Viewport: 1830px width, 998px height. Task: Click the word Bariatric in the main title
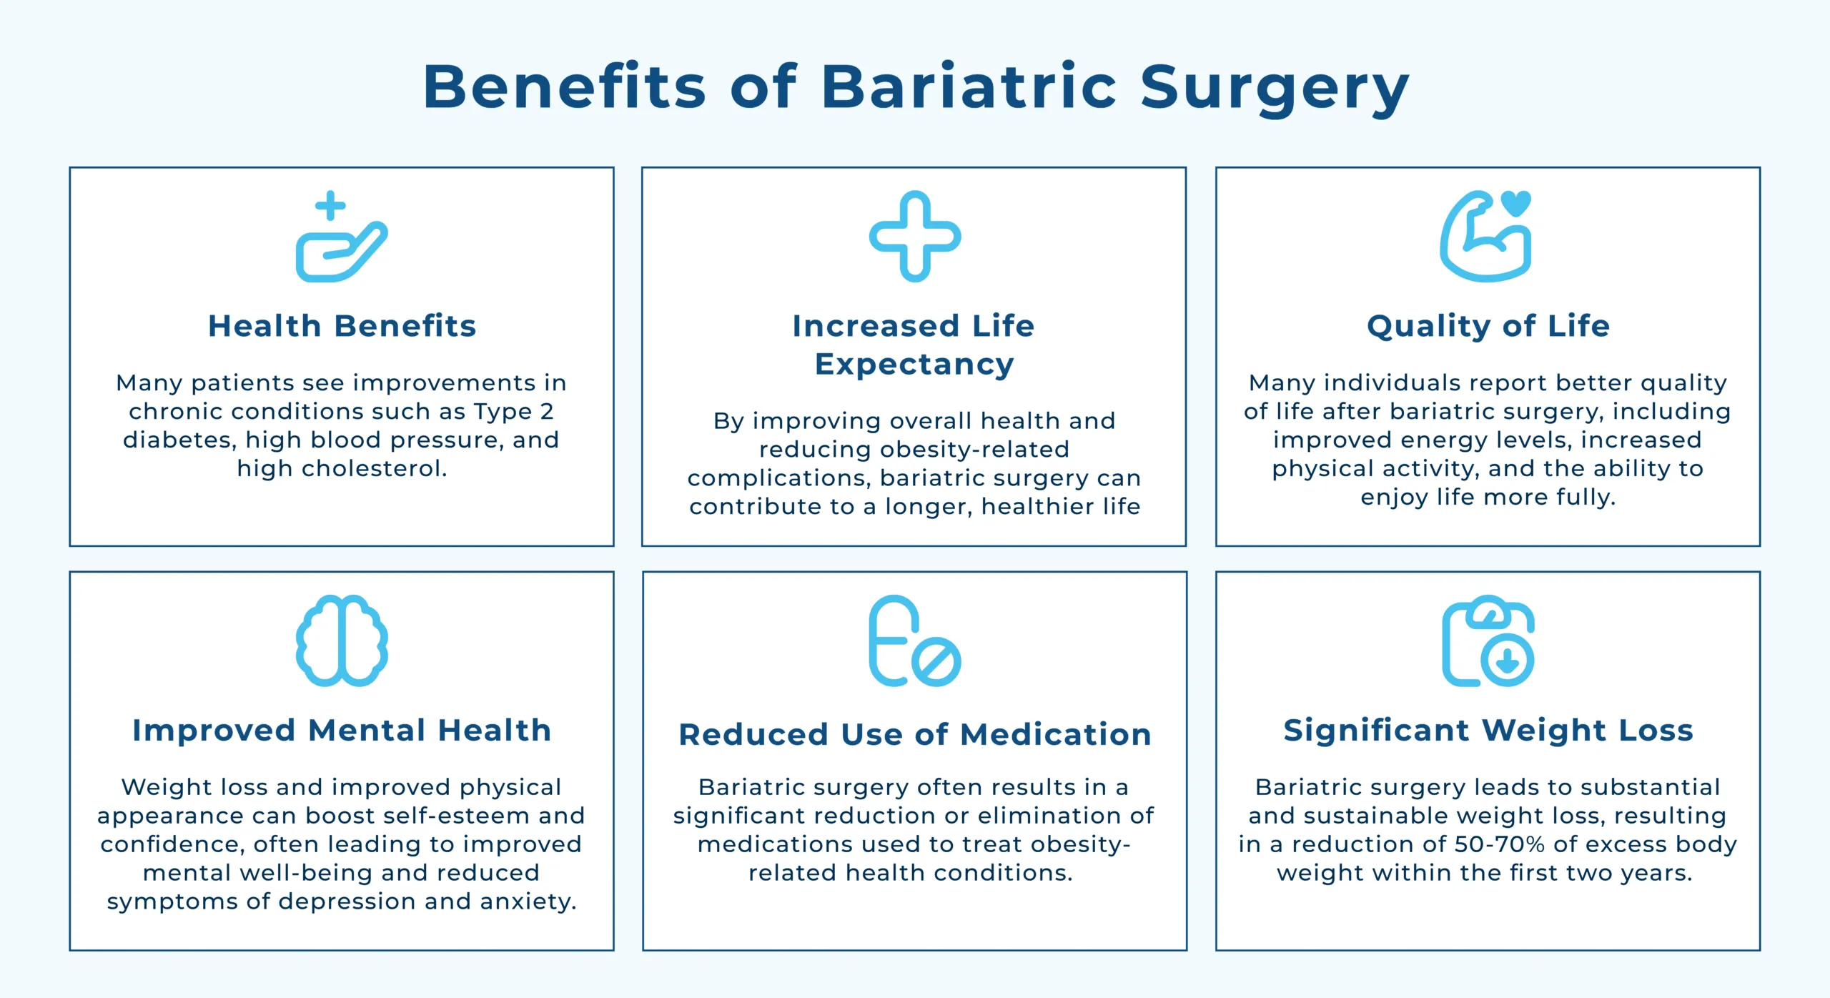coord(969,87)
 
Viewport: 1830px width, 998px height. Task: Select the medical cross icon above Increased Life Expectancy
coord(915,236)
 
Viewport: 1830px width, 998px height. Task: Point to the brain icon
coord(342,641)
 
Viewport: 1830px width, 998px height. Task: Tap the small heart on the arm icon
coord(1516,203)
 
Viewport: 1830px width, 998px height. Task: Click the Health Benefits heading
coord(342,326)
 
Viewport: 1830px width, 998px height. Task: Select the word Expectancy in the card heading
coord(914,365)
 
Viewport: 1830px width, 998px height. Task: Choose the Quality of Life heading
coord(1488,326)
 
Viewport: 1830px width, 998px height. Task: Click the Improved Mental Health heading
coord(342,731)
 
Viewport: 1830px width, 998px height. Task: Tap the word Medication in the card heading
coord(1055,735)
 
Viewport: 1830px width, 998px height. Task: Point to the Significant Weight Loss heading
coord(1488,731)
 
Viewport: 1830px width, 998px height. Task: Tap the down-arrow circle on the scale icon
coord(1508,660)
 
